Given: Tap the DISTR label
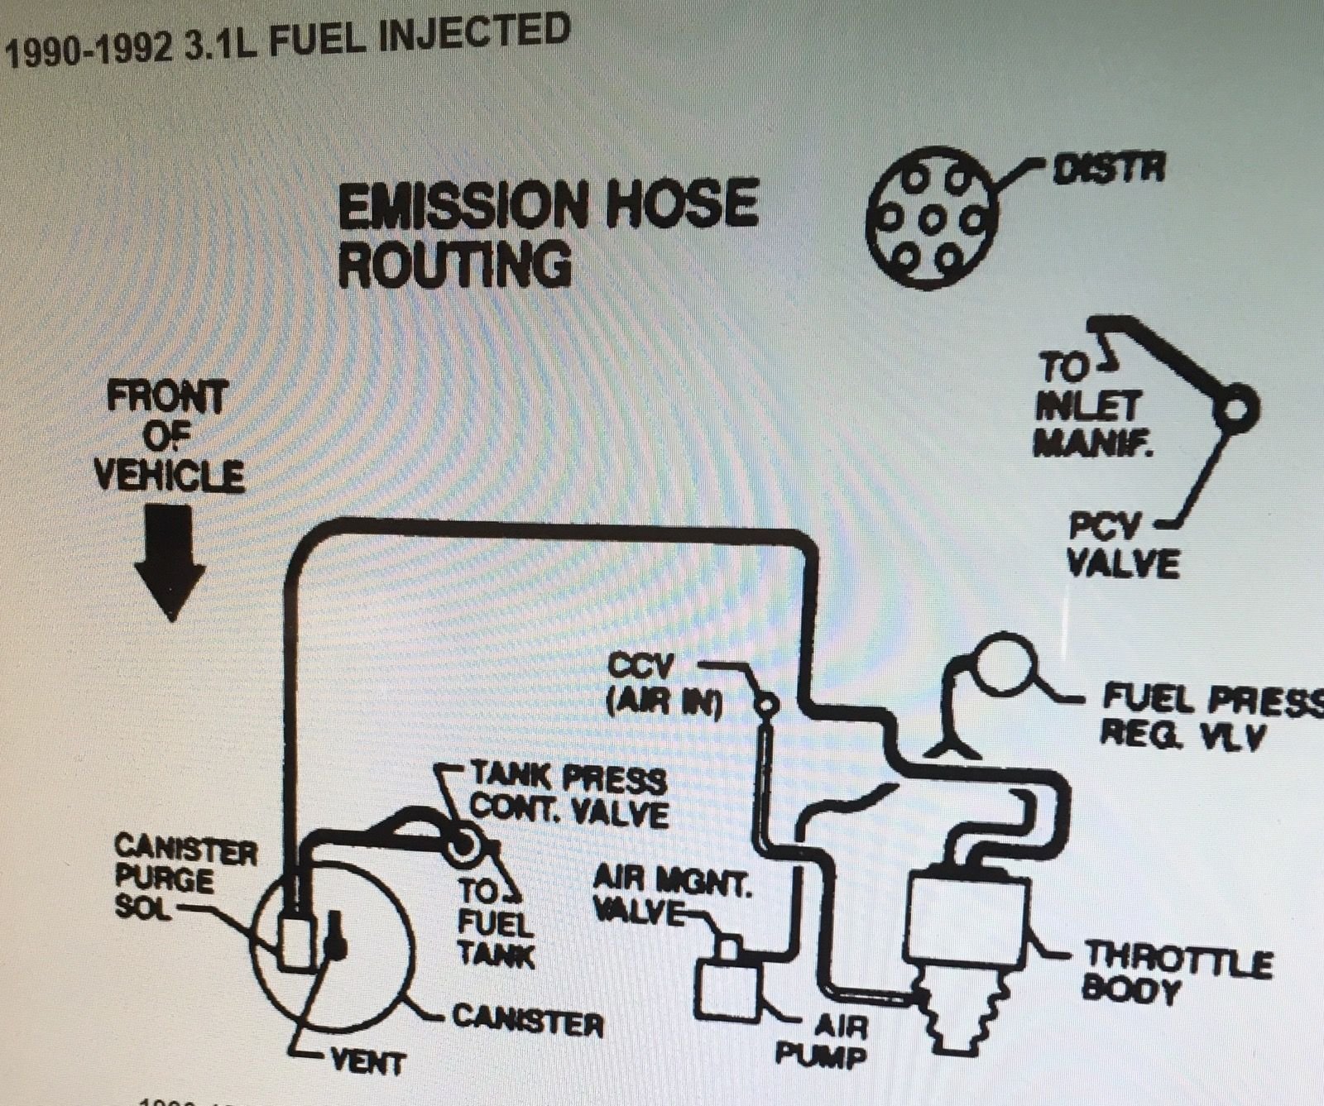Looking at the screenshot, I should [x=1108, y=169].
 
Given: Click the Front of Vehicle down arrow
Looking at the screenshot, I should [x=170, y=562].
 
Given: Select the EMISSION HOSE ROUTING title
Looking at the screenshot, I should [x=548, y=233].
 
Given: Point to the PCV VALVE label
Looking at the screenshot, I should [x=1121, y=546].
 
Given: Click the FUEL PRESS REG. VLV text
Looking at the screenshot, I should [x=1208, y=716].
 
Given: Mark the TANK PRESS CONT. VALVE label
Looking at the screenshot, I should [x=568, y=793].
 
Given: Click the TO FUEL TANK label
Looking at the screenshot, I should [x=495, y=923].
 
